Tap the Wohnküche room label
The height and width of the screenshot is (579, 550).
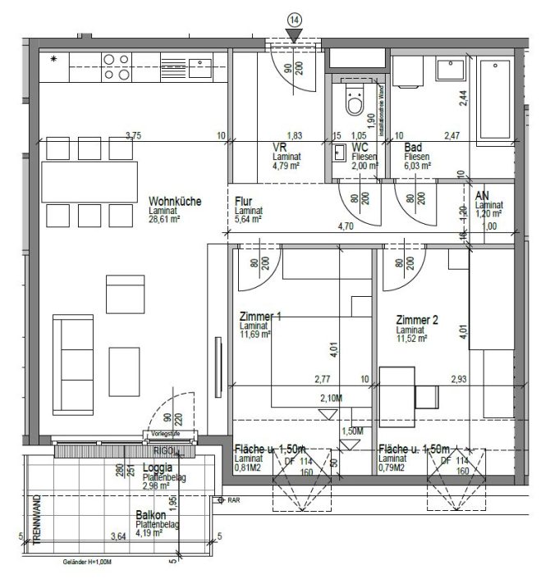pyautogui.click(x=175, y=202)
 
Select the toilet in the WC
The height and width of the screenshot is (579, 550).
pyautogui.click(x=355, y=102)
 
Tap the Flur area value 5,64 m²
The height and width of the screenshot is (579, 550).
pyautogui.click(x=247, y=219)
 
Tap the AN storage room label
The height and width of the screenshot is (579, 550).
pyautogui.click(x=483, y=195)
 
